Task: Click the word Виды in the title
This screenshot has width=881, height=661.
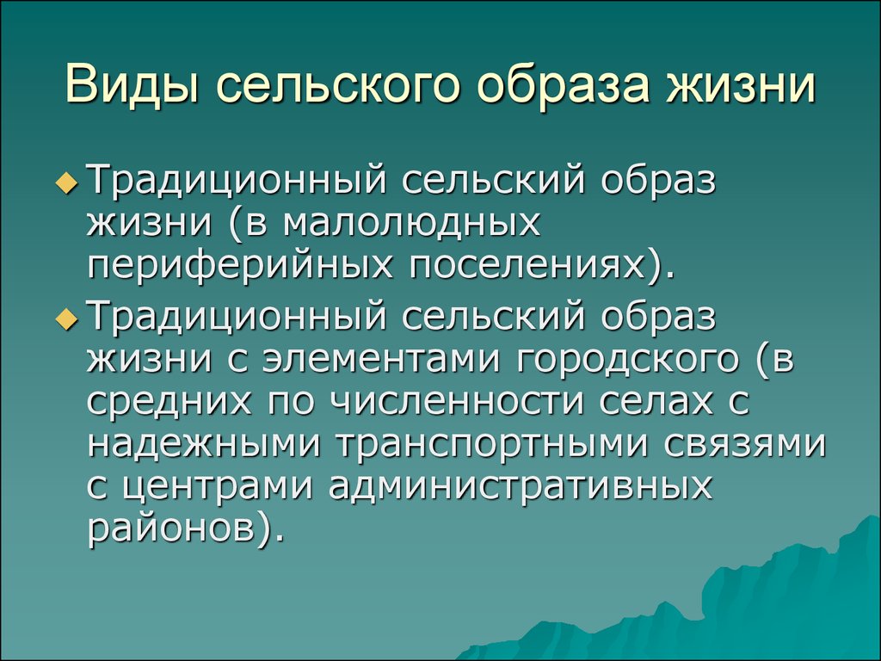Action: [x=132, y=85]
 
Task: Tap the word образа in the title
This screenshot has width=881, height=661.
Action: [x=562, y=85]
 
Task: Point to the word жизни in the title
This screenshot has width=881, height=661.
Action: [x=741, y=85]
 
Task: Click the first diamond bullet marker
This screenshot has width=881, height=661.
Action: [x=66, y=182]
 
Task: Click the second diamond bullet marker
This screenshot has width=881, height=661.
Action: [x=66, y=318]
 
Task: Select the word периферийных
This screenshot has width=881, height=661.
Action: [x=240, y=265]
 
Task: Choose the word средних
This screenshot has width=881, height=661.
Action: [x=169, y=403]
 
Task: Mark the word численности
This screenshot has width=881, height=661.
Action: [x=455, y=402]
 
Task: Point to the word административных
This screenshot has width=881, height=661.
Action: [x=521, y=487]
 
